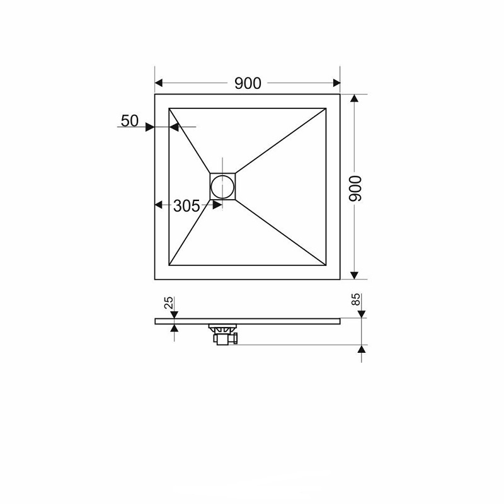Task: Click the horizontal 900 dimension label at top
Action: pyautogui.click(x=248, y=83)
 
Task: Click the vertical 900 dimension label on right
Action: pyautogui.click(x=355, y=188)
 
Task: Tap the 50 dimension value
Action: pyautogui.click(x=130, y=121)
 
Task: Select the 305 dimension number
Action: pyautogui.click(x=186, y=206)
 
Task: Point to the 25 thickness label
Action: pyautogui.click(x=169, y=302)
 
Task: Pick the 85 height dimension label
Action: pyautogui.click(x=355, y=300)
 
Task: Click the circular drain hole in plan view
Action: pyautogui.click(x=222, y=186)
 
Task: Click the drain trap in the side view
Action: pyautogui.click(x=224, y=335)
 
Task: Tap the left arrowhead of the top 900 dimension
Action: pyautogui.click(x=159, y=83)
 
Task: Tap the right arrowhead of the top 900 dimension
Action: pyautogui.click(x=336, y=83)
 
